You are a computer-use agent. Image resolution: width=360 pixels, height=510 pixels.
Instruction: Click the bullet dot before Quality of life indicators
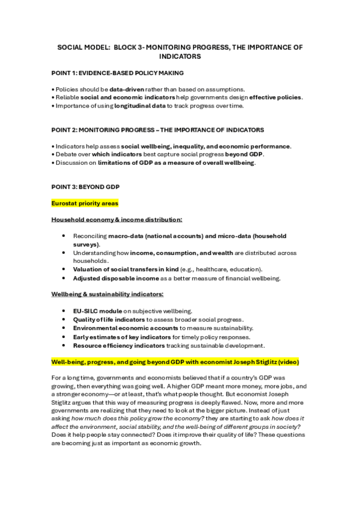click(x=64, y=318)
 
